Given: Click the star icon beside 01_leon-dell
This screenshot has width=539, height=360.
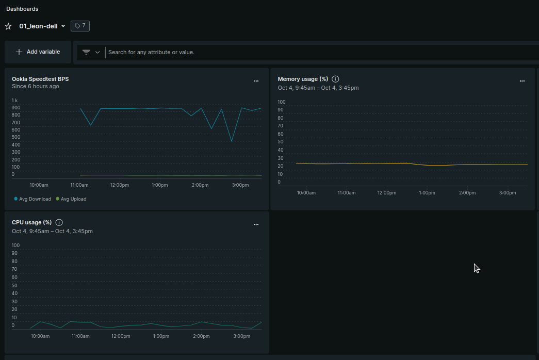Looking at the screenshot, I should pos(8,26).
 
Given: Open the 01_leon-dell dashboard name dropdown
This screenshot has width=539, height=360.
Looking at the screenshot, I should pos(63,26).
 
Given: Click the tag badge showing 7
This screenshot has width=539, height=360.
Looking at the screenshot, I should pos(80,26).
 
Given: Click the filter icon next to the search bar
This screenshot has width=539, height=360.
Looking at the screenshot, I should pos(86,52).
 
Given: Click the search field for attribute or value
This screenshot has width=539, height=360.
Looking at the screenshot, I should pos(309,52).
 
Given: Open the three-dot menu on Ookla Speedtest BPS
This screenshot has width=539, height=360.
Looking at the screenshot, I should pos(256,81).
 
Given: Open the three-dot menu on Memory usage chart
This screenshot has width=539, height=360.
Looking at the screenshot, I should pos(522,81).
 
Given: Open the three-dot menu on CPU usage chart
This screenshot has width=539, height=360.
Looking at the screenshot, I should pos(256,224).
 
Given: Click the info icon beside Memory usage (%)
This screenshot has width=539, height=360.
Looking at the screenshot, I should pos(335,79).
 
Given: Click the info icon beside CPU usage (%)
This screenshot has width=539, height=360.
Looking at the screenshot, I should pos(59,222).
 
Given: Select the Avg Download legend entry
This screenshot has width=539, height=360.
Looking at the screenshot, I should pos(32,199).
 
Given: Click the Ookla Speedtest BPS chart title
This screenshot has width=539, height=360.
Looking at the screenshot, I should pos(40,79).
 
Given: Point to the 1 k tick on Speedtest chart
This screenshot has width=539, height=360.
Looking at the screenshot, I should pos(15,100).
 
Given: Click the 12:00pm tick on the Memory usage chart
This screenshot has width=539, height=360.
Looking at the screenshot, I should pos(386,193).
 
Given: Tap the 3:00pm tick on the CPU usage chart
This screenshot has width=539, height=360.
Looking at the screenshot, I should pos(241,336).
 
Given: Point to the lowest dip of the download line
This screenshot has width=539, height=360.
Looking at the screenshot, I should pos(232,141).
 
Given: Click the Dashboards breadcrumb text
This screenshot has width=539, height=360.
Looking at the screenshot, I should pos(22,9).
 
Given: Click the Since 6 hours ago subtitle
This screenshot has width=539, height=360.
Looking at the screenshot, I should pos(36,87).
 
